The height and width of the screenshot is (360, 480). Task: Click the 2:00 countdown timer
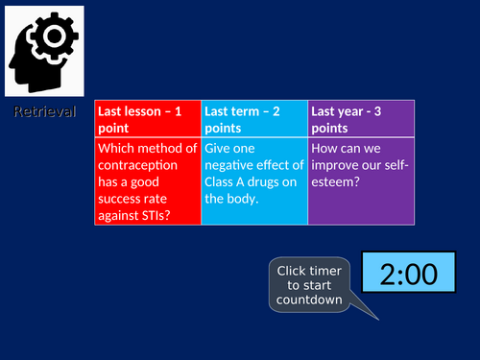pos(408,276)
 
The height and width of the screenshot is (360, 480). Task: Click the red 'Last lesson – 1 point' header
pos(148,119)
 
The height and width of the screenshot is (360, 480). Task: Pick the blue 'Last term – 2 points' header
pos(254,119)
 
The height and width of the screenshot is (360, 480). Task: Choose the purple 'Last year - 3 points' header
pos(361,119)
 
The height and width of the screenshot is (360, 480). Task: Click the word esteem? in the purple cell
pos(335,182)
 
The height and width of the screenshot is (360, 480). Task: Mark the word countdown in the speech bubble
pos(308,300)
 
